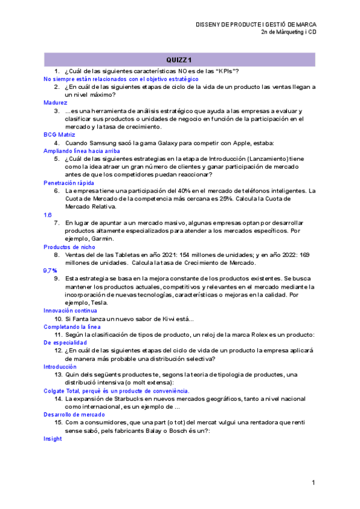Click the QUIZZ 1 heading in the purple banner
[x=179, y=59]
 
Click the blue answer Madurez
[x=56, y=103]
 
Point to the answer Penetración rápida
[x=68, y=182]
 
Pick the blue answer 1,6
[x=47, y=214]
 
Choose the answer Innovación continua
[x=70, y=310]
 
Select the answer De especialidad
[x=65, y=342]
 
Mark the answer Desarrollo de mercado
[x=74, y=414]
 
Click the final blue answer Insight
[x=53, y=439]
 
